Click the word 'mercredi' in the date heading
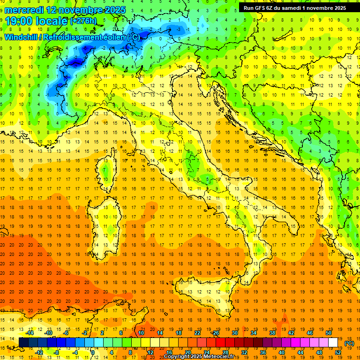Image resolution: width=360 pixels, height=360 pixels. click(24, 9)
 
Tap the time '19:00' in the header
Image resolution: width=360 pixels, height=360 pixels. click(19, 21)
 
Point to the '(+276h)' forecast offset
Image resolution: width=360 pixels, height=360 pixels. click(84, 21)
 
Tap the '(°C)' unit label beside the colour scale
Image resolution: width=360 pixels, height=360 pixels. click(349, 343)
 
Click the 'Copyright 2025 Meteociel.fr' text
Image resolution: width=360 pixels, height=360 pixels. click(202, 356)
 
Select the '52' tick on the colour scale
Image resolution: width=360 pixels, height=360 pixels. click(338, 352)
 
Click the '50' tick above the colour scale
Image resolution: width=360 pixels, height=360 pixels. click(328, 333)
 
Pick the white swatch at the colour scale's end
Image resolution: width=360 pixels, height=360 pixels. click(333, 343)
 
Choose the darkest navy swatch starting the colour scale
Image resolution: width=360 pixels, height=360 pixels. click(23, 343)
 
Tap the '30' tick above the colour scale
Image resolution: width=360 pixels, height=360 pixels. click(234, 333)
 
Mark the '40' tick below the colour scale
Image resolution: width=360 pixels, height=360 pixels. click(281, 352)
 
